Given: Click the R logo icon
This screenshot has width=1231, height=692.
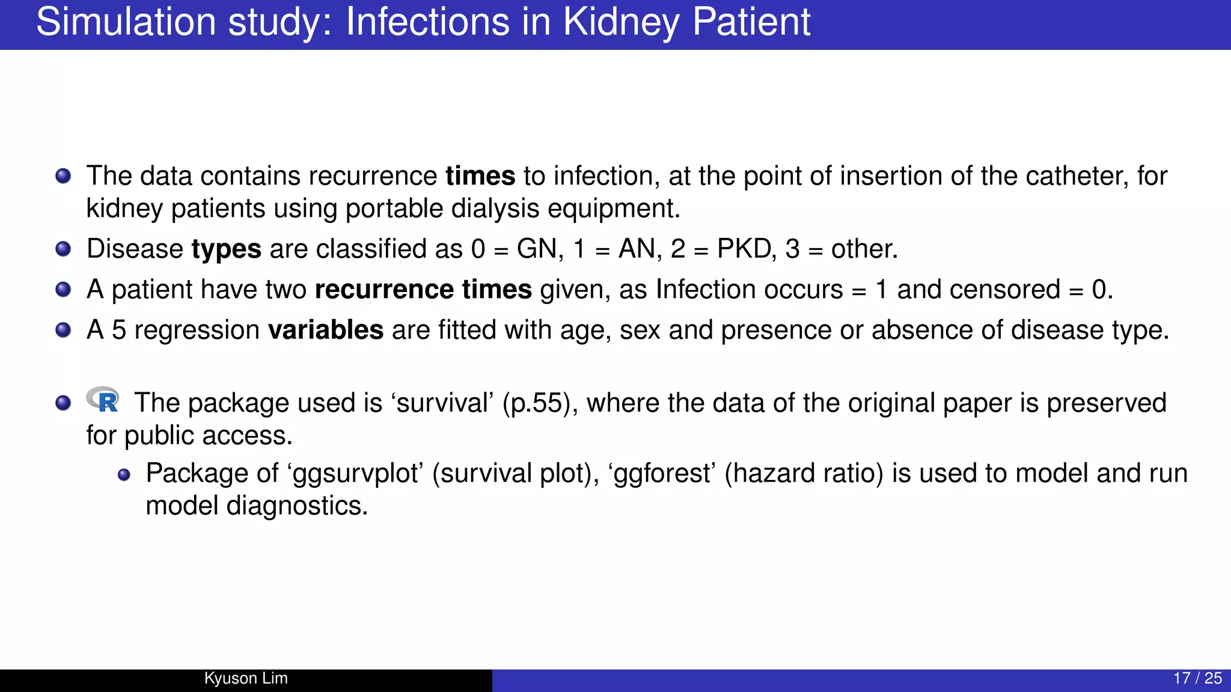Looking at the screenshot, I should click(x=103, y=399).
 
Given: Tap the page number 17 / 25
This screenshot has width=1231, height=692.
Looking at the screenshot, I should click(x=1197, y=678).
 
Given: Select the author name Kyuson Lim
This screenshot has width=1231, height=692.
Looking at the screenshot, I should click(x=246, y=678).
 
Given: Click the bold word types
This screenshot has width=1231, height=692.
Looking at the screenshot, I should click(x=226, y=249).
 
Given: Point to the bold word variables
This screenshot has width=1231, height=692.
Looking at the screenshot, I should click(x=325, y=330).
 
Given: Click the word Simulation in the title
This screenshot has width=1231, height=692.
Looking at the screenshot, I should click(x=124, y=23).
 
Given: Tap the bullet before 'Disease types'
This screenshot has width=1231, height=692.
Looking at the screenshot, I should click(x=63, y=249).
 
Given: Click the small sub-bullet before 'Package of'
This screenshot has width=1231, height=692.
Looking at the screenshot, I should click(x=124, y=475).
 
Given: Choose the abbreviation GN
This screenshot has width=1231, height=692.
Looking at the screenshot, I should click(x=539, y=249).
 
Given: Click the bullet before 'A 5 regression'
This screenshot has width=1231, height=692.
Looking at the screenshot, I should click(x=63, y=330).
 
